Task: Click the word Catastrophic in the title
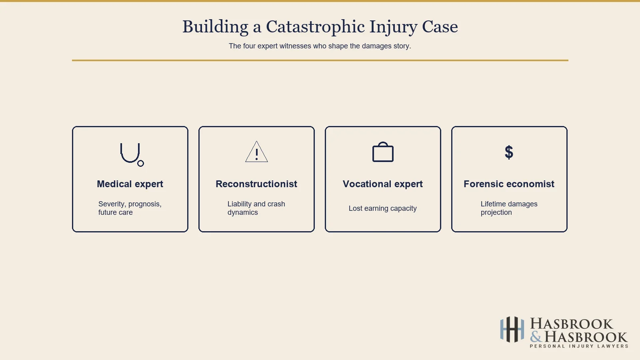[315, 27]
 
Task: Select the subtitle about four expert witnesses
[320, 46]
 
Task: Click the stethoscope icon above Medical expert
[131, 154]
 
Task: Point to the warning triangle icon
[256, 152]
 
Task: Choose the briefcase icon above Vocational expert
[383, 152]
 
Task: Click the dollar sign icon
[509, 152]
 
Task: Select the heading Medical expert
[130, 184]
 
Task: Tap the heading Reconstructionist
[256, 184]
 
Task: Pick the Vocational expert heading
[383, 184]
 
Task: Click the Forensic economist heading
[509, 184]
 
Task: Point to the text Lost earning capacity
[383, 208]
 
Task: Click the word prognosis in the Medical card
[144, 204]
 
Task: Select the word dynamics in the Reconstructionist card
[243, 213]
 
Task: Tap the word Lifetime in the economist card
[493, 204]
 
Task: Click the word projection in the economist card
[496, 213]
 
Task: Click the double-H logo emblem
[512, 330]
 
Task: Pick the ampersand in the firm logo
[536, 337]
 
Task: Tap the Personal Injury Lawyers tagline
[579, 346]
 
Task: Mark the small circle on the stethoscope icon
[140, 163]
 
